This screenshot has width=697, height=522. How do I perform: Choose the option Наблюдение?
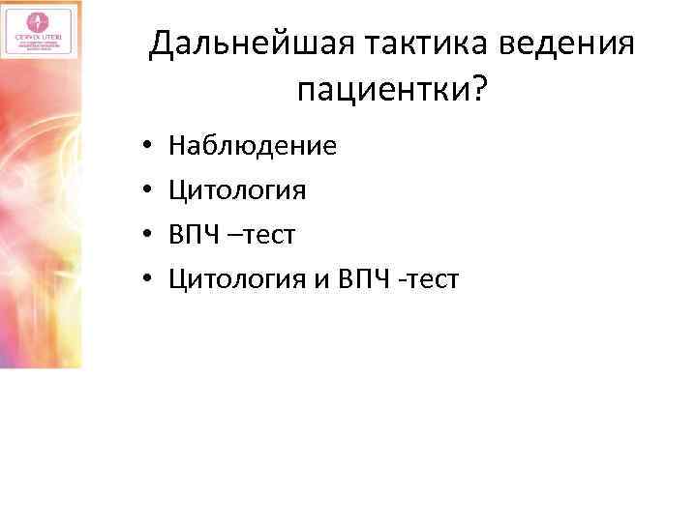(253, 146)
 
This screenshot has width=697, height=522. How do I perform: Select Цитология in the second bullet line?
(237, 190)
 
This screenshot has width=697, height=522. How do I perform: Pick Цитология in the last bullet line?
(237, 279)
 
